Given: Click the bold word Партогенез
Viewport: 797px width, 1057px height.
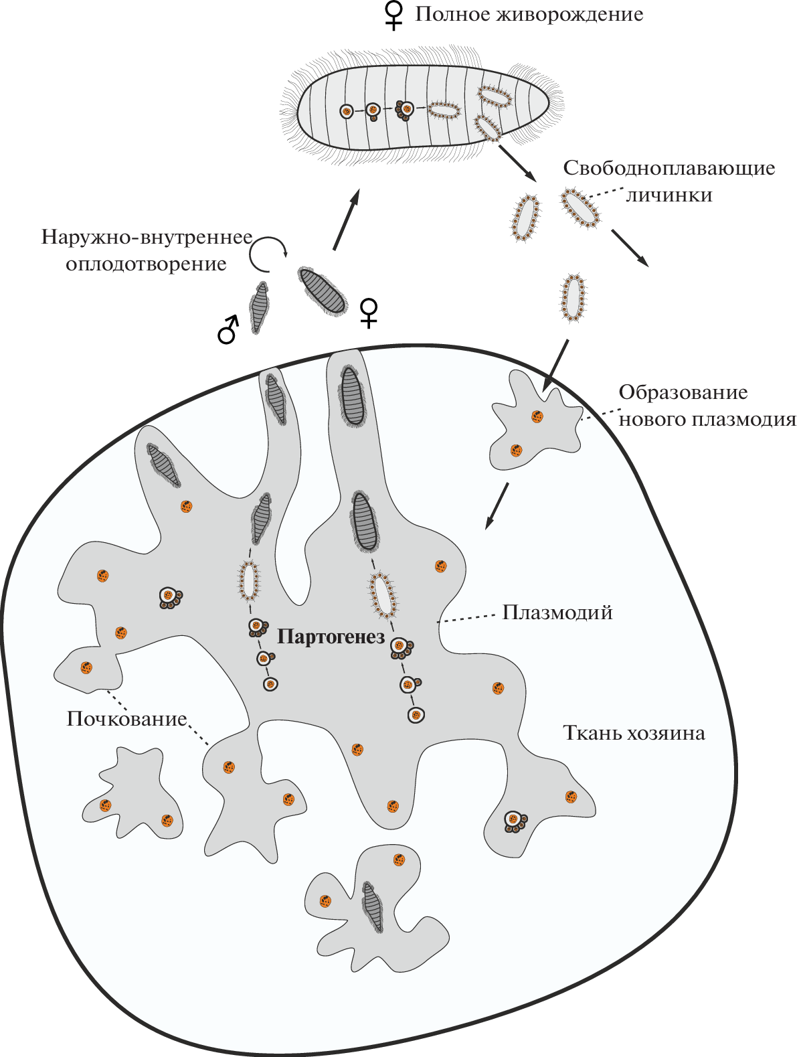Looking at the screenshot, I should click(331, 636).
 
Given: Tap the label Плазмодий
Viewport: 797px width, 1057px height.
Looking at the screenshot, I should click(557, 612).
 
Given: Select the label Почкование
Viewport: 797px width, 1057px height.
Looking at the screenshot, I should click(126, 719).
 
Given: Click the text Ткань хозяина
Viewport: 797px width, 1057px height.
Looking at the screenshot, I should click(634, 733).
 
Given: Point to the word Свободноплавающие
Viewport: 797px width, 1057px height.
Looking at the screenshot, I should click(669, 168).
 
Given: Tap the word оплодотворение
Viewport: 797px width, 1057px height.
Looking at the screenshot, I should click(146, 264).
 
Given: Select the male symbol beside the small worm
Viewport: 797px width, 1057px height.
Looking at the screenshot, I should click(228, 329).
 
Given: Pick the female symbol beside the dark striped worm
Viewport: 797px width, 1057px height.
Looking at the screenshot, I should click(369, 313).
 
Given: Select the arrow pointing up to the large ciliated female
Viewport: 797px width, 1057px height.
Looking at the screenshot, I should click(345, 220).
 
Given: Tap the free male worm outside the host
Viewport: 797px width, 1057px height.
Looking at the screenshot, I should click(259, 307).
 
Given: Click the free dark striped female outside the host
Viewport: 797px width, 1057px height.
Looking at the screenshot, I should click(323, 291).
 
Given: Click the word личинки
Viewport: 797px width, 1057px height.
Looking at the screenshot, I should click(669, 195).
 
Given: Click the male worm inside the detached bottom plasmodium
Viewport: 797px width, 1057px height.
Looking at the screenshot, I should click(373, 907).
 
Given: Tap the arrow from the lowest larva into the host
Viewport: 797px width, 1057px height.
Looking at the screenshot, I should click(555, 366).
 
